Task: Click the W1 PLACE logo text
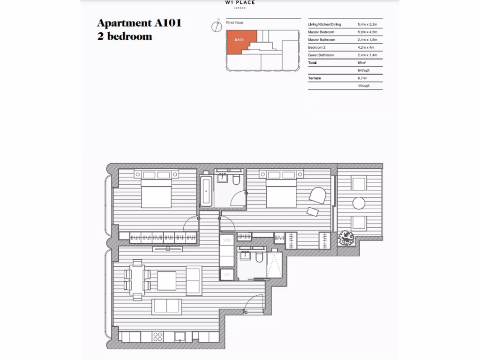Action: pyautogui.click(x=240, y=2)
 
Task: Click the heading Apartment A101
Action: pyautogui.click(x=139, y=22)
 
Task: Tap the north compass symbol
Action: pyautogui.click(x=216, y=26)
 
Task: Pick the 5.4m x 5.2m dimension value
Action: pyautogui.click(x=367, y=24)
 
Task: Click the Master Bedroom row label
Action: pyautogui.click(x=321, y=32)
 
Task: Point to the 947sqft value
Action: pyautogui.click(x=364, y=70)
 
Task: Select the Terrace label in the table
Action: pyautogui.click(x=315, y=78)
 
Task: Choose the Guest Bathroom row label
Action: pyautogui.click(x=321, y=55)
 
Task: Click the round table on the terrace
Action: pyautogui.click(x=359, y=203)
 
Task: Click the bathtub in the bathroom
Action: pyautogui.click(x=207, y=191)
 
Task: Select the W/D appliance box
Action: pyautogui.click(x=227, y=240)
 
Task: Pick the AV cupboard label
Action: pyautogui.click(x=227, y=275)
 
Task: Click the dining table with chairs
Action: pyautogui.click(x=138, y=280)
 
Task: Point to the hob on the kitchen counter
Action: pyautogui.click(x=157, y=337)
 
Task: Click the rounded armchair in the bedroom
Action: pyautogui.click(x=318, y=195)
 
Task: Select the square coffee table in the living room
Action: pyautogui.click(x=166, y=280)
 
